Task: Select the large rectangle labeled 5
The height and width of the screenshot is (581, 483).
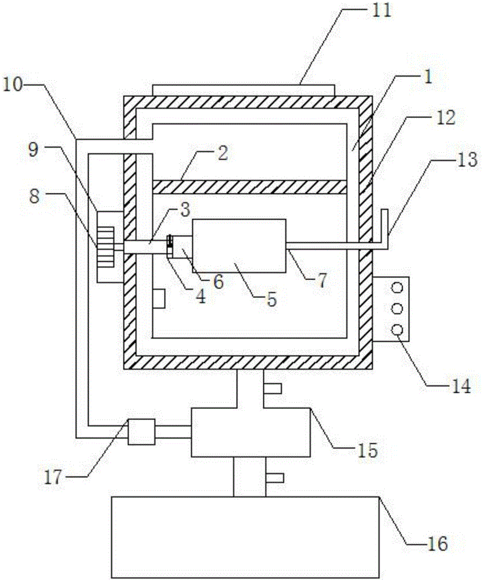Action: pyautogui.click(x=239, y=245)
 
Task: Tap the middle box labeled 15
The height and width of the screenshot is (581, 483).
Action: pyautogui.click(x=251, y=431)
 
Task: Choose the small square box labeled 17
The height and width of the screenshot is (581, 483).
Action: pyautogui.click(x=141, y=432)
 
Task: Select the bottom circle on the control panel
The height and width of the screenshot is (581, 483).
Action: pyautogui.click(x=397, y=329)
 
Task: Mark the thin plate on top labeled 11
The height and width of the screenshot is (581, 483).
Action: pyautogui.click(x=243, y=90)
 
